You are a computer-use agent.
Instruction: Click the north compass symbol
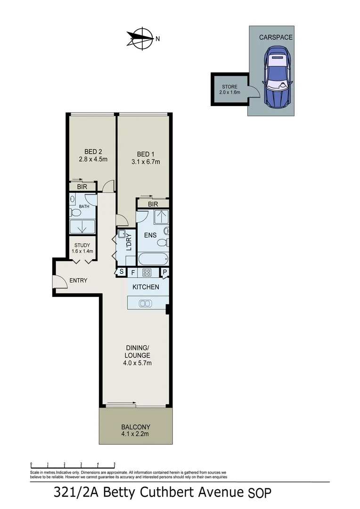140,38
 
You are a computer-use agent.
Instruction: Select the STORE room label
229,87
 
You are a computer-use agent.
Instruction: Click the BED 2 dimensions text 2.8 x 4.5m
93,159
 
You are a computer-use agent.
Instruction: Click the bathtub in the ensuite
153,259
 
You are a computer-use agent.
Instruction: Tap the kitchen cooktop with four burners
147,272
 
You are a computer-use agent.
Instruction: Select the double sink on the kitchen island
145,304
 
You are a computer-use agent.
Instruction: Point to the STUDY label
82,245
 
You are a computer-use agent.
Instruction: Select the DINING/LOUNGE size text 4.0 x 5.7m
138,363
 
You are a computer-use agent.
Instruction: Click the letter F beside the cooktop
133,272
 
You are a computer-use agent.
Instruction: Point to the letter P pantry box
165,271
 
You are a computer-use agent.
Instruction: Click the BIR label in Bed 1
152,204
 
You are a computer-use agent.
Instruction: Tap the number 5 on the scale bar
115,464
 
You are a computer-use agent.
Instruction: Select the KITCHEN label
146,287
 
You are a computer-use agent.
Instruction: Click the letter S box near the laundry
121,271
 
